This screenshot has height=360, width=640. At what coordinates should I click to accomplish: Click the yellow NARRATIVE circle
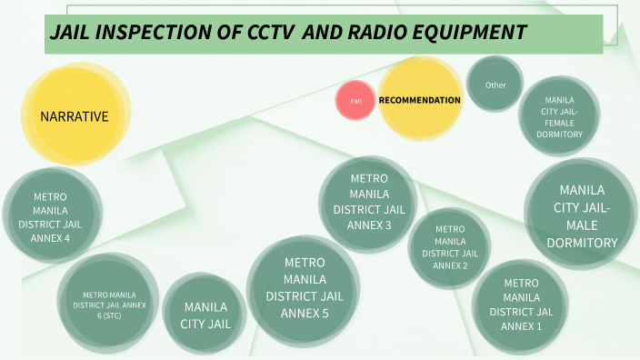coord(74,116)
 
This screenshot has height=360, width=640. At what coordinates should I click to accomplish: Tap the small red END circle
coord(355,101)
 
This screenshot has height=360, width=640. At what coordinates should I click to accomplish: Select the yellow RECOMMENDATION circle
coord(419,100)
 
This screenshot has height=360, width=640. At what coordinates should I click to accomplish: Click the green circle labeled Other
coord(495,85)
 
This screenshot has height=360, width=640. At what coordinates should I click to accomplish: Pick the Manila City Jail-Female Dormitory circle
coord(559,116)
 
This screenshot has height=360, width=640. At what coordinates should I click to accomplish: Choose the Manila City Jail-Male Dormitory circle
coord(582,216)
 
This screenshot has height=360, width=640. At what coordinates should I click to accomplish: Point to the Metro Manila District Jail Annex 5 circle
coord(298,288)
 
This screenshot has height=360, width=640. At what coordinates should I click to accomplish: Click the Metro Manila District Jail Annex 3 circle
coord(367,202)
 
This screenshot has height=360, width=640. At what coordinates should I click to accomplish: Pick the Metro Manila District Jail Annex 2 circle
coord(450,247)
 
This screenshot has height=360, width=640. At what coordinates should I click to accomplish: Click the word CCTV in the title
coord(271,33)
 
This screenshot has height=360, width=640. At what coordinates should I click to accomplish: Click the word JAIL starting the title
coord(72,33)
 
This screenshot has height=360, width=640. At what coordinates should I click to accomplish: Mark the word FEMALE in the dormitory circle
coord(559,123)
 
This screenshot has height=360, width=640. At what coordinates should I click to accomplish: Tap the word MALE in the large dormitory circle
coord(582,225)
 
